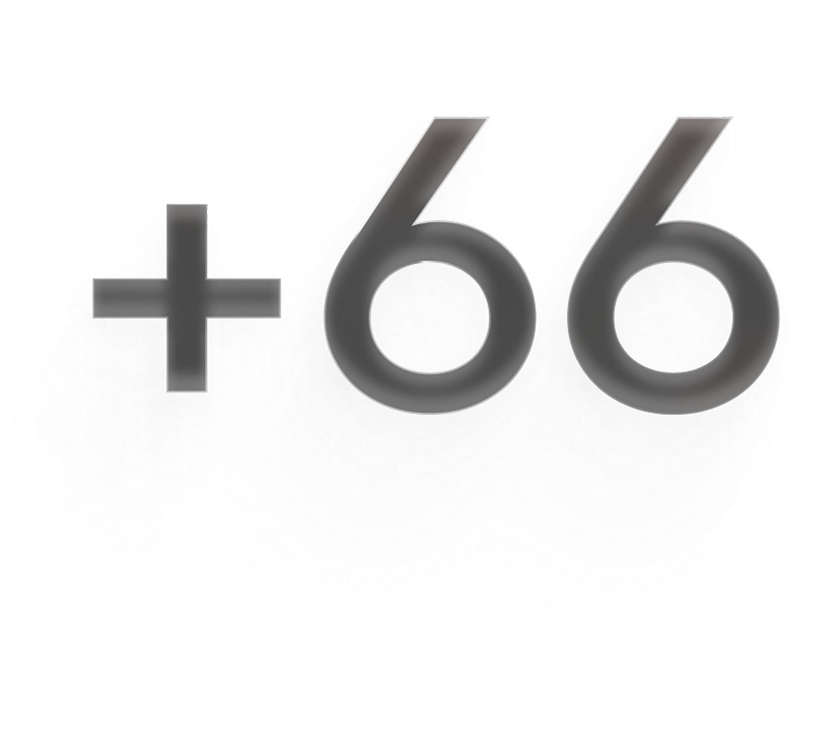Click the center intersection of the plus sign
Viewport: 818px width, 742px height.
pyautogui.click(x=187, y=298)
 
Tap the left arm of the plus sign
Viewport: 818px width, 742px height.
pyautogui.click(x=130, y=298)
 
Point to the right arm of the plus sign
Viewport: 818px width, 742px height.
pyautogui.click(x=244, y=298)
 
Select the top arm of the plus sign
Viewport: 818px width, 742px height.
pyautogui.click(x=187, y=242)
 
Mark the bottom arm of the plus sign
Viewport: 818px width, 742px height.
pyautogui.click(x=187, y=354)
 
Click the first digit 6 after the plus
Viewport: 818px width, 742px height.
pyautogui.click(x=347, y=317)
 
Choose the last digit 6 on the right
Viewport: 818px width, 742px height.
pyautogui.click(x=590, y=317)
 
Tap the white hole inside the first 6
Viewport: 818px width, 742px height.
pyautogui.click(x=426, y=318)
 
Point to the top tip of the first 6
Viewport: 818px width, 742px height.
pyautogui.click(x=461, y=118)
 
